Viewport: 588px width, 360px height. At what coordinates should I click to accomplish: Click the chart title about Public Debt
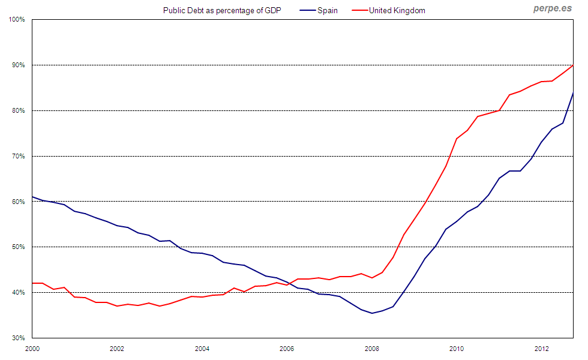pyautogui.click(x=221, y=11)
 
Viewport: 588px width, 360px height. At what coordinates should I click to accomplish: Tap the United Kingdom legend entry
pyautogui.click(x=397, y=11)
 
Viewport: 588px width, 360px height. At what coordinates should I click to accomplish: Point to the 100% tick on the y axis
pyautogui.click(x=17, y=20)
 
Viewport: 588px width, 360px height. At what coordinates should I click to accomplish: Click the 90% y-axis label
pyautogui.click(x=18, y=65)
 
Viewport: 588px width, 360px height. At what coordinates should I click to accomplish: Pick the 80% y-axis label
pyautogui.click(x=18, y=110)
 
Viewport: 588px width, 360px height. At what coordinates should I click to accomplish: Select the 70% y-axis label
pyautogui.click(x=18, y=156)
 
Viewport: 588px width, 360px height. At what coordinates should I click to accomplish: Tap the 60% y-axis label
pyautogui.click(x=18, y=202)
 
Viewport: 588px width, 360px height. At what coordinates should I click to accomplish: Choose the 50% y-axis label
pyautogui.click(x=18, y=247)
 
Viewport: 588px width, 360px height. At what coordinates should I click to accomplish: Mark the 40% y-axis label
pyautogui.click(x=18, y=293)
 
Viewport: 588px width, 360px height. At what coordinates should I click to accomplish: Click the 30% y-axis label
pyautogui.click(x=18, y=338)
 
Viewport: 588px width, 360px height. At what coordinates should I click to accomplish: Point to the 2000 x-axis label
pyautogui.click(x=32, y=349)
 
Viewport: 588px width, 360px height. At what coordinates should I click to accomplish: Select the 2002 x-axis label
pyautogui.click(x=117, y=349)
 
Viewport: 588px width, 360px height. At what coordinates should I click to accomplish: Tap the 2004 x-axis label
pyautogui.click(x=202, y=349)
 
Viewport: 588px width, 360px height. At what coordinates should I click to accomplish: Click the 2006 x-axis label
pyautogui.click(x=287, y=349)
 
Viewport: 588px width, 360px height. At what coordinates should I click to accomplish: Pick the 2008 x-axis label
pyautogui.click(x=372, y=349)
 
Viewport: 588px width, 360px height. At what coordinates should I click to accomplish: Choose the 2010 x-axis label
pyautogui.click(x=457, y=349)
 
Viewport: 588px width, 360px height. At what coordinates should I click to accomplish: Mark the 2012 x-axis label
pyautogui.click(x=542, y=349)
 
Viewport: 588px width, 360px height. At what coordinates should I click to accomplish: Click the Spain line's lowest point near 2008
pyautogui.click(x=372, y=313)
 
